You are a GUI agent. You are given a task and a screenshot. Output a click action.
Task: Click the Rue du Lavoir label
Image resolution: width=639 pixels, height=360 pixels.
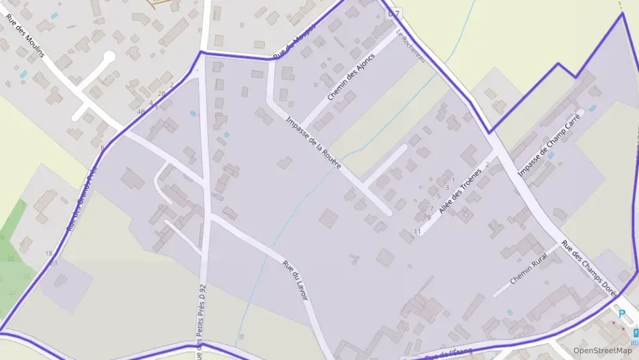click(296, 278)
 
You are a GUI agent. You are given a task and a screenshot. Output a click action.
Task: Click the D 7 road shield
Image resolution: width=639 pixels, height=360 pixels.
click(393, 13)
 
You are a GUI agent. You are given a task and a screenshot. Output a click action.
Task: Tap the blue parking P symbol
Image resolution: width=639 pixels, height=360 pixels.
click(621, 314)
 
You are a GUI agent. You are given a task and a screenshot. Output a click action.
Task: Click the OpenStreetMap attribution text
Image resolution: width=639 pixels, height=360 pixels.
click(602, 350)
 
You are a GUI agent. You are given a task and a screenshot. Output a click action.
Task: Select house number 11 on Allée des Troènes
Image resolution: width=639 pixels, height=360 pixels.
click(417, 232)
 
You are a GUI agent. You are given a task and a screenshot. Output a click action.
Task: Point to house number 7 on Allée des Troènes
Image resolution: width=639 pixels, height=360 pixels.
click(431, 208)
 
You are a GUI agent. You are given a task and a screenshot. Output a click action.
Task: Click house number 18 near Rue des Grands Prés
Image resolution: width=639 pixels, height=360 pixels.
click(48, 253)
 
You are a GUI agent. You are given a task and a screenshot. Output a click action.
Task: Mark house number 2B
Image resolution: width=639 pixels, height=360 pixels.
click(162, 93)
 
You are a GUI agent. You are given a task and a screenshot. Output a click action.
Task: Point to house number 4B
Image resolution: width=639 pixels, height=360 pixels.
click(141, 111)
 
